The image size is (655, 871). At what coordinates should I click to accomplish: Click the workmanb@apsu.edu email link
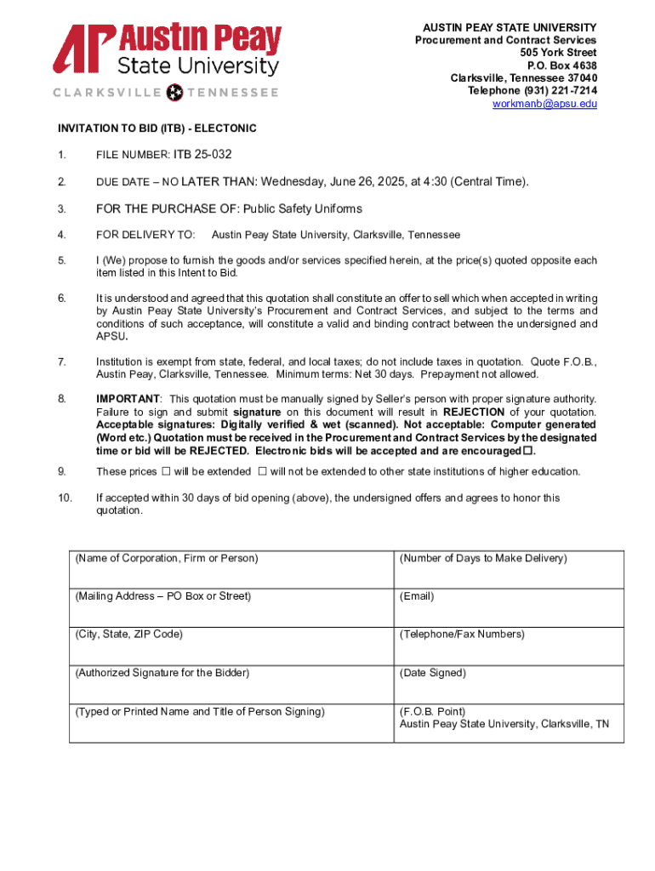(544, 104)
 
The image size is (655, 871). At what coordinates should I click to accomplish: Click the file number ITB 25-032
(202, 154)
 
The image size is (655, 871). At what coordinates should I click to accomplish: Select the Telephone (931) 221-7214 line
(532, 91)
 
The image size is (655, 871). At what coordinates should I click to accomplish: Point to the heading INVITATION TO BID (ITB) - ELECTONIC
(157, 128)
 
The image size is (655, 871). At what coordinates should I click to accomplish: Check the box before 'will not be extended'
(262, 471)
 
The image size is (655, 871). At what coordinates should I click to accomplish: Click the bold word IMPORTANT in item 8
(128, 399)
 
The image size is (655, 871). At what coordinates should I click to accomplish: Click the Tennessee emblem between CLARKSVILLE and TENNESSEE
(176, 92)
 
